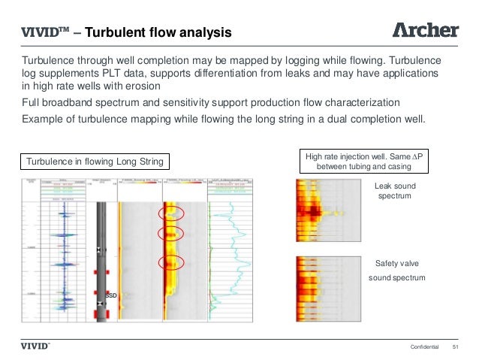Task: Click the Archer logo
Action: point(426,30)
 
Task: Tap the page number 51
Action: point(454,346)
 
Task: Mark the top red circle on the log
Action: point(170,214)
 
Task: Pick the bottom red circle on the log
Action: point(170,264)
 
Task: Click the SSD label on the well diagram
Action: point(110,296)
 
